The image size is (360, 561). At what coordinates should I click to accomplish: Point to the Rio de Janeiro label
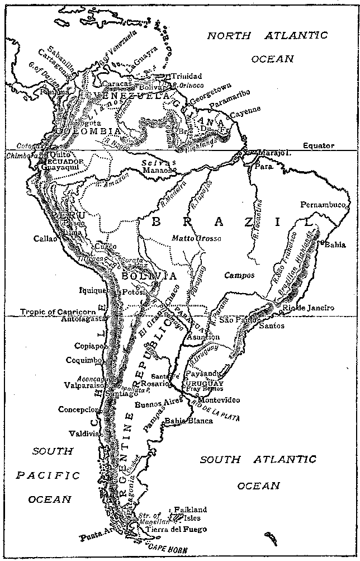(x=309, y=308)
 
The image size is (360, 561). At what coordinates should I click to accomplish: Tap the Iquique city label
(x=93, y=291)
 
